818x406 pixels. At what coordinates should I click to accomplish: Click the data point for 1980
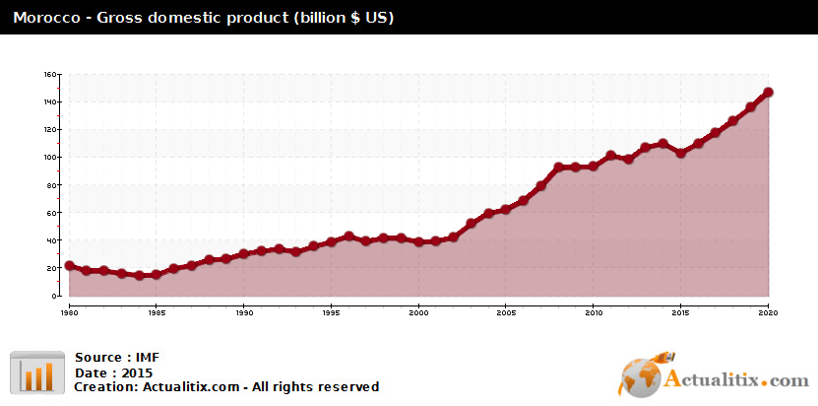69,265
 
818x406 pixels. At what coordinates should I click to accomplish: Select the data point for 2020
768,92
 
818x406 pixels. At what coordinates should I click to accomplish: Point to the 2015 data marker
680,153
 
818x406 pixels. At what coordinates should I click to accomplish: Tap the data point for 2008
558,168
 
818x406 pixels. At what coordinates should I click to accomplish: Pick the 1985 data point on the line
156,274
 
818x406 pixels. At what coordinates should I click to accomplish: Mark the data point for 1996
348,237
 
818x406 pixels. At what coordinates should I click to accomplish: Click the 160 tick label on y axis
49,74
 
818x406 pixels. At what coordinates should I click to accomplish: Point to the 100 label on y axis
49,158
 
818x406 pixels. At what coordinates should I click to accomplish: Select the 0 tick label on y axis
53,297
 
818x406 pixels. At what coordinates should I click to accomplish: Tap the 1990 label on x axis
243,313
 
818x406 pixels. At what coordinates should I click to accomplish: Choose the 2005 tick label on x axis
506,313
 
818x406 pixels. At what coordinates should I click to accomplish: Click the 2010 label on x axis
594,313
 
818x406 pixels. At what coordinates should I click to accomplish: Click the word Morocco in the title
46,18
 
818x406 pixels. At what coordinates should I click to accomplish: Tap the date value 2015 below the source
137,373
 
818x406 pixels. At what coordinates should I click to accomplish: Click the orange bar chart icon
37,372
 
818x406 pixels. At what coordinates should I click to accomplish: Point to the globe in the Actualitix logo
640,377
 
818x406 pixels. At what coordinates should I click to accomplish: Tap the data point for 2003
472,224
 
